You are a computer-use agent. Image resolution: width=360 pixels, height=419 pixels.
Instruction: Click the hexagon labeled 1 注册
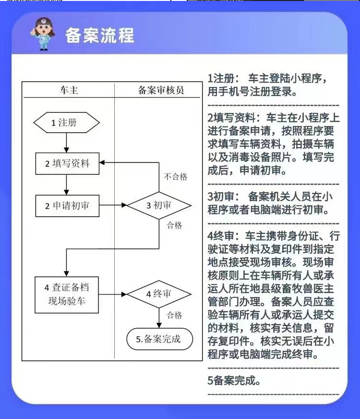[67, 123]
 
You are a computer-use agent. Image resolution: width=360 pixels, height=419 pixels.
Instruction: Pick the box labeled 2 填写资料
[67, 163]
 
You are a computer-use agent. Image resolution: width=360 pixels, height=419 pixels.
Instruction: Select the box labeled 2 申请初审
[67, 206]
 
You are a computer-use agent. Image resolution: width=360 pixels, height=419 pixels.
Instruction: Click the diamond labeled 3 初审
[159, 206]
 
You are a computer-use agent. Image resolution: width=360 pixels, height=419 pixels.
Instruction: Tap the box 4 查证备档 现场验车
[67, 295]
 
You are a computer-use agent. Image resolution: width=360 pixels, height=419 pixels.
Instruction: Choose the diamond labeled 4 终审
[159, 294]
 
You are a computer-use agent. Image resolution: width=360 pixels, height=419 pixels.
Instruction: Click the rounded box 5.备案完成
[159, 339]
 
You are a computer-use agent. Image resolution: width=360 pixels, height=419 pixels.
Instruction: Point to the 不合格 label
[175, 177]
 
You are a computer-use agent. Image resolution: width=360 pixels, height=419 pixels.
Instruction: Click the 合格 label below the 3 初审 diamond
[174, 225]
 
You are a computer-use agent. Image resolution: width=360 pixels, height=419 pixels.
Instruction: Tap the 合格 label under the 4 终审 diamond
[174, 315]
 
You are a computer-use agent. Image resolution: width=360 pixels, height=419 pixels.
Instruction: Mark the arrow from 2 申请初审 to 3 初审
[113, 206]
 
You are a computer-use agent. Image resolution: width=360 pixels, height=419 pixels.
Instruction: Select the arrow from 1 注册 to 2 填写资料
[67, 143]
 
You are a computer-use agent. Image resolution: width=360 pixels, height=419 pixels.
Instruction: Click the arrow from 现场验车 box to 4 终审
[113, 294]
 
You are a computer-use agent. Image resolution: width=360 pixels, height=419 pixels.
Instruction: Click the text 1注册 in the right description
[222, 78]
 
